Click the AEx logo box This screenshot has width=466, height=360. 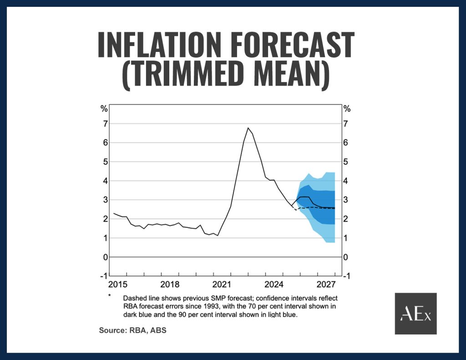(x=415, y=314)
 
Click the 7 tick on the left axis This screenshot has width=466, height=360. (x=105, y=124)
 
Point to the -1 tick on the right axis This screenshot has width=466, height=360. (x=347, y=276)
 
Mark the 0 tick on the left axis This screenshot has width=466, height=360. (x=105, y=257)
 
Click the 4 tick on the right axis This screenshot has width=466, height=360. (x=347, y=181)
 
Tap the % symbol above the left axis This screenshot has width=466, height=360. (x=104, y=109)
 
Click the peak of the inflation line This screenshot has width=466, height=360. (x=248, y=128)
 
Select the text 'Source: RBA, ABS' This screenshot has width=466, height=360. (x=132, y=330)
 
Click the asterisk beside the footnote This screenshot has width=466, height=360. (x=110, y=296)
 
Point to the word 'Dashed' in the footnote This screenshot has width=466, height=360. (x=133, y=298)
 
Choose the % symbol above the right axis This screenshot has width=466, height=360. (x=347, y=109)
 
